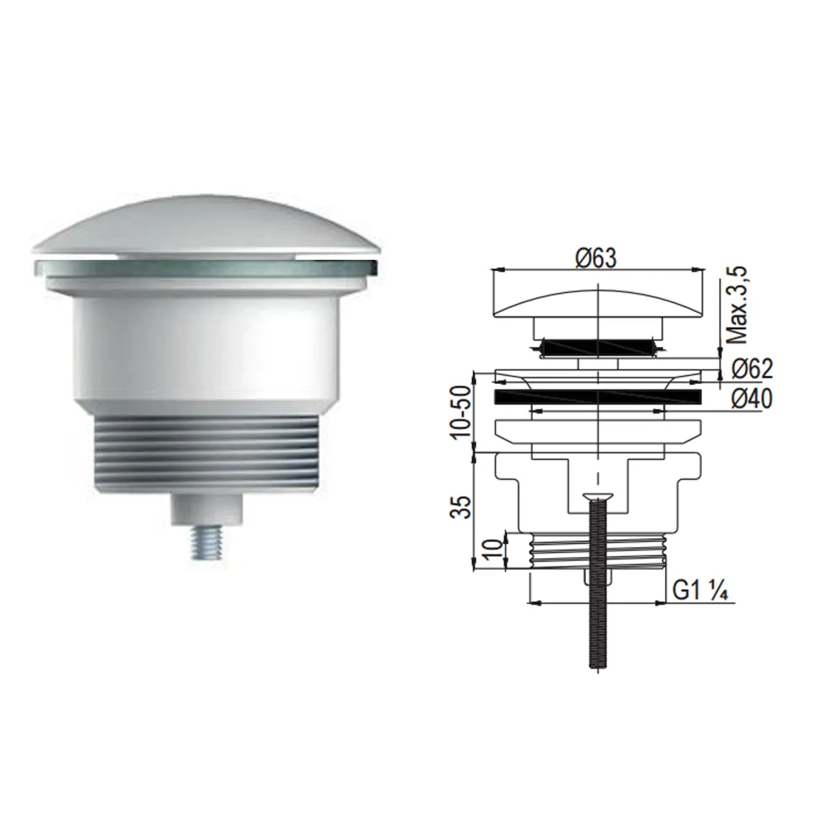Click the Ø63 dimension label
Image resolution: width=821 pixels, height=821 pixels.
point(596,259)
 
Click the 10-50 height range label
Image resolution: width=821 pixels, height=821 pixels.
point(461,411)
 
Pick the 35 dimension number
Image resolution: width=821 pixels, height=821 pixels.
point(461,506)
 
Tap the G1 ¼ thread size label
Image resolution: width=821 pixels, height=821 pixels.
point(699,592)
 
